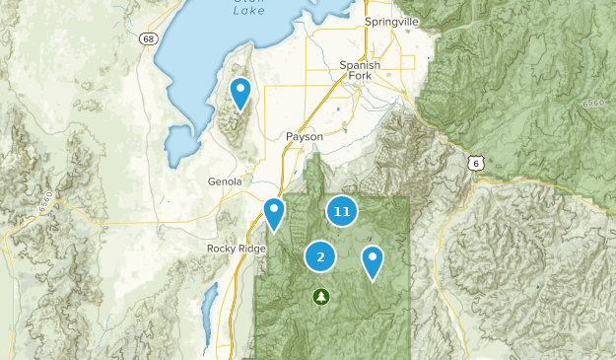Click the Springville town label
tap(392, 22)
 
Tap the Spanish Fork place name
tap(359, 71)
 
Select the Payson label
tap(305, 136)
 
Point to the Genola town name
tap(224, 181)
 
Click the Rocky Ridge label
tap(237, 249)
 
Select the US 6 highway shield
tap(476, 162)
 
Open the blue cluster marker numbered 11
tap(342, 211)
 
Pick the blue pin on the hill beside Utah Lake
tap(240, 94)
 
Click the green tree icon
tap(321, 295)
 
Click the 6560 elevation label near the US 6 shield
tap(594, 103)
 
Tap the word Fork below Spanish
tap(359, 77)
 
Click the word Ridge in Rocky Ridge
tap(252, 249)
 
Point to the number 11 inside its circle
tap(342, 211)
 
